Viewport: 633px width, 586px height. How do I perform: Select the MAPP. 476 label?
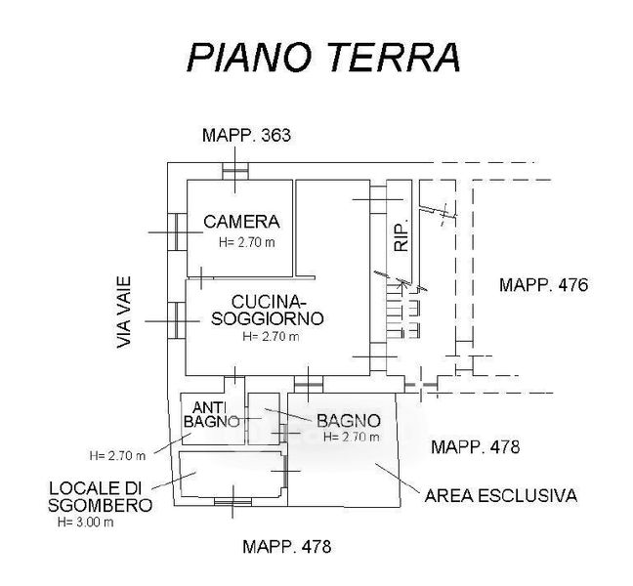click(x=542, y=286)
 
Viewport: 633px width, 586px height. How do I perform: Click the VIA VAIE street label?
click(x=124, y=312)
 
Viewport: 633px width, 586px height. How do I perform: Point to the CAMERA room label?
click(x=241, y=222)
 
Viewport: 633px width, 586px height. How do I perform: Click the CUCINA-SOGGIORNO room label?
click(x=271, y=310)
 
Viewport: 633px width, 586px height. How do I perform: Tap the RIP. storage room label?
click(x=400, y=233)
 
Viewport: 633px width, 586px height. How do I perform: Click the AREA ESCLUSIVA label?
click(x=500, y=496)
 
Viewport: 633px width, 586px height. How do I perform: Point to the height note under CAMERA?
click(x=246, y=240)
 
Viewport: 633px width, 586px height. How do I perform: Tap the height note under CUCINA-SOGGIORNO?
click(x=271, y=337)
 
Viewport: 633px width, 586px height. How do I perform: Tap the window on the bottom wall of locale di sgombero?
click(x=232, y=502)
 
